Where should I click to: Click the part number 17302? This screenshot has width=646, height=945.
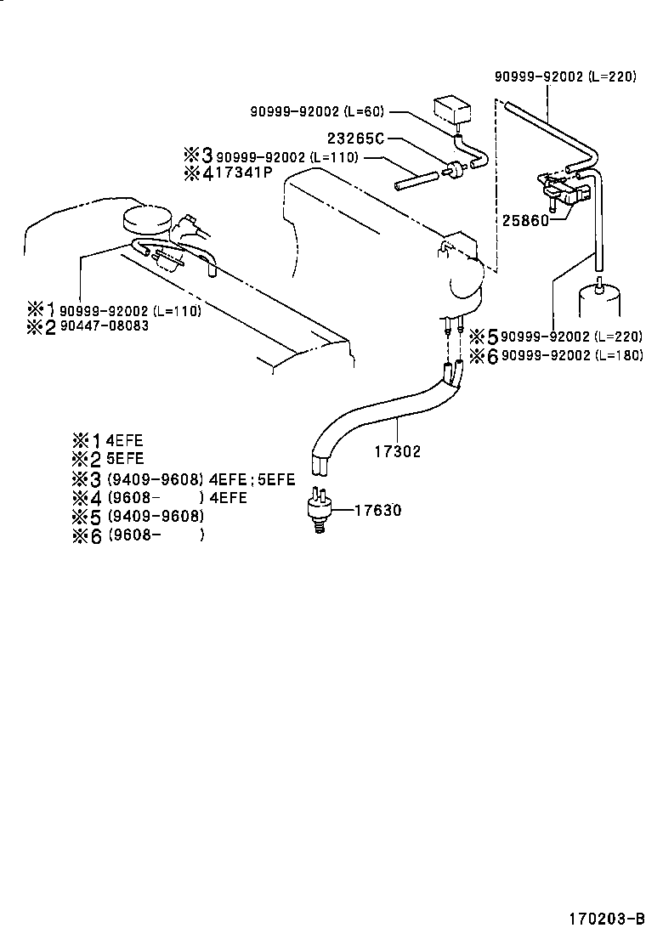397,451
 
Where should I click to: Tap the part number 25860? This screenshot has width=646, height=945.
524,220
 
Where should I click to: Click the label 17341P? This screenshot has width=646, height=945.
243,173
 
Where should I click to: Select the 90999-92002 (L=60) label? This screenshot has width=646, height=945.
316,111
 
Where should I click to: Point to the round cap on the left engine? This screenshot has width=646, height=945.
147,218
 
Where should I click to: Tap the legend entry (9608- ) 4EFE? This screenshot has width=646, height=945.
176,497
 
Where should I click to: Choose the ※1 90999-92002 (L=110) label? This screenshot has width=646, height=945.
129,310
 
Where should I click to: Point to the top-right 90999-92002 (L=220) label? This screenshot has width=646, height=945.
565,76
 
